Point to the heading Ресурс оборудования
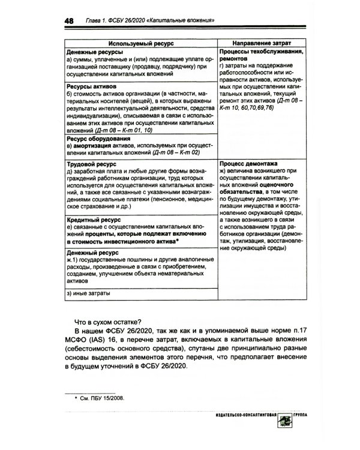click(99, 138)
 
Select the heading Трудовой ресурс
click(91, 163)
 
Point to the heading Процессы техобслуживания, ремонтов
click(260, 56)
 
